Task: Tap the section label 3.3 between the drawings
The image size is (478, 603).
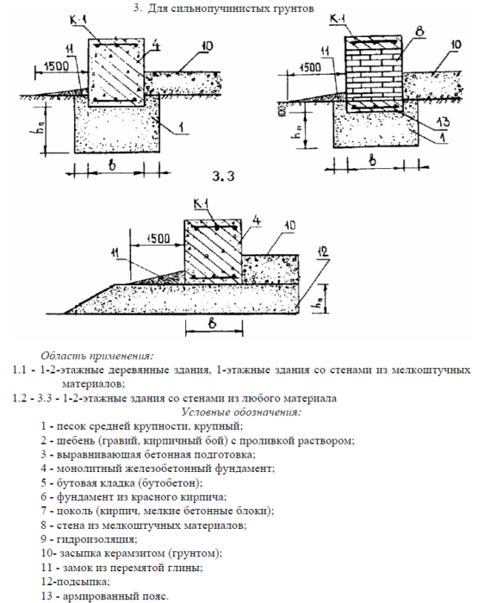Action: (x=223, y=176)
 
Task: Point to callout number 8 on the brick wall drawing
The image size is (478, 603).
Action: (x=420, y=31)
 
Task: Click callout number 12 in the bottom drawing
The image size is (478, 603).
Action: (x=323, y=252)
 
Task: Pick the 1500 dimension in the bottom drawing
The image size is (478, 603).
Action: (x=158, y=239)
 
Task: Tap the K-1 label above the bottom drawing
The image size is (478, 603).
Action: (x=201, y=204)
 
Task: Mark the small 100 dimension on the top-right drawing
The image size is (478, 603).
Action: (x=282, y=110)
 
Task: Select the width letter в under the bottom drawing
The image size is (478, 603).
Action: (x=212, y=323)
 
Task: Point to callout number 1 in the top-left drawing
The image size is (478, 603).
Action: (x=181, y=127)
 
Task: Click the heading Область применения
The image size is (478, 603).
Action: (x=97, y=356)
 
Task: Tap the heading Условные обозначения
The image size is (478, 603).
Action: (x=241, y=413)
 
